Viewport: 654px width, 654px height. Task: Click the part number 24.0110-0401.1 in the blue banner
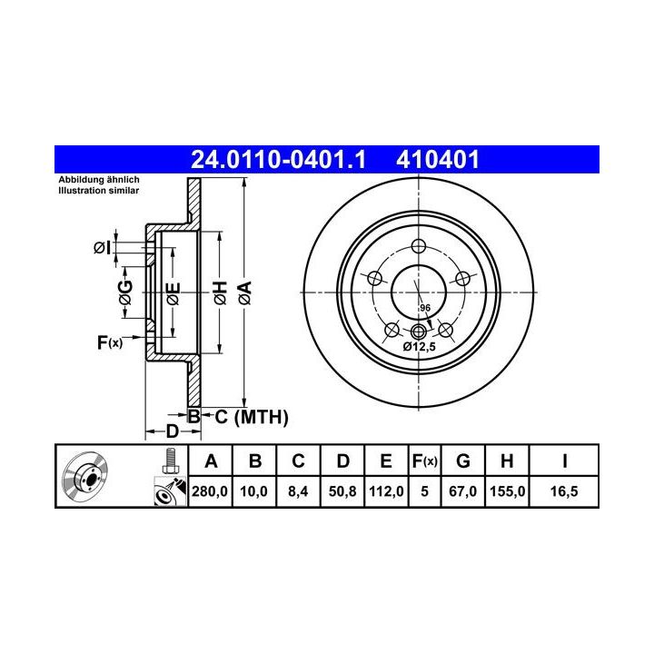point(278,160)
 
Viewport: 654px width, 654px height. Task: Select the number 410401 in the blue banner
point(438,160)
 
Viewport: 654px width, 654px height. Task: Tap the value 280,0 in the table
point(210,491)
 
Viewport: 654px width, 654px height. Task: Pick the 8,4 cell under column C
point(298,491)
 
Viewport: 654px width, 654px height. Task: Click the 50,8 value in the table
point(342,491)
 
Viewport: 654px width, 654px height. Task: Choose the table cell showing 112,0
point(386,491)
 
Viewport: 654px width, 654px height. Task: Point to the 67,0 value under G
point(463,491)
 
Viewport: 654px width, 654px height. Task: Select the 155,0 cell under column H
point(507,491)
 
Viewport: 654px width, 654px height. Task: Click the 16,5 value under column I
point(564,491)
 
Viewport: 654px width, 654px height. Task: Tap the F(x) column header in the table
point(424,461)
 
